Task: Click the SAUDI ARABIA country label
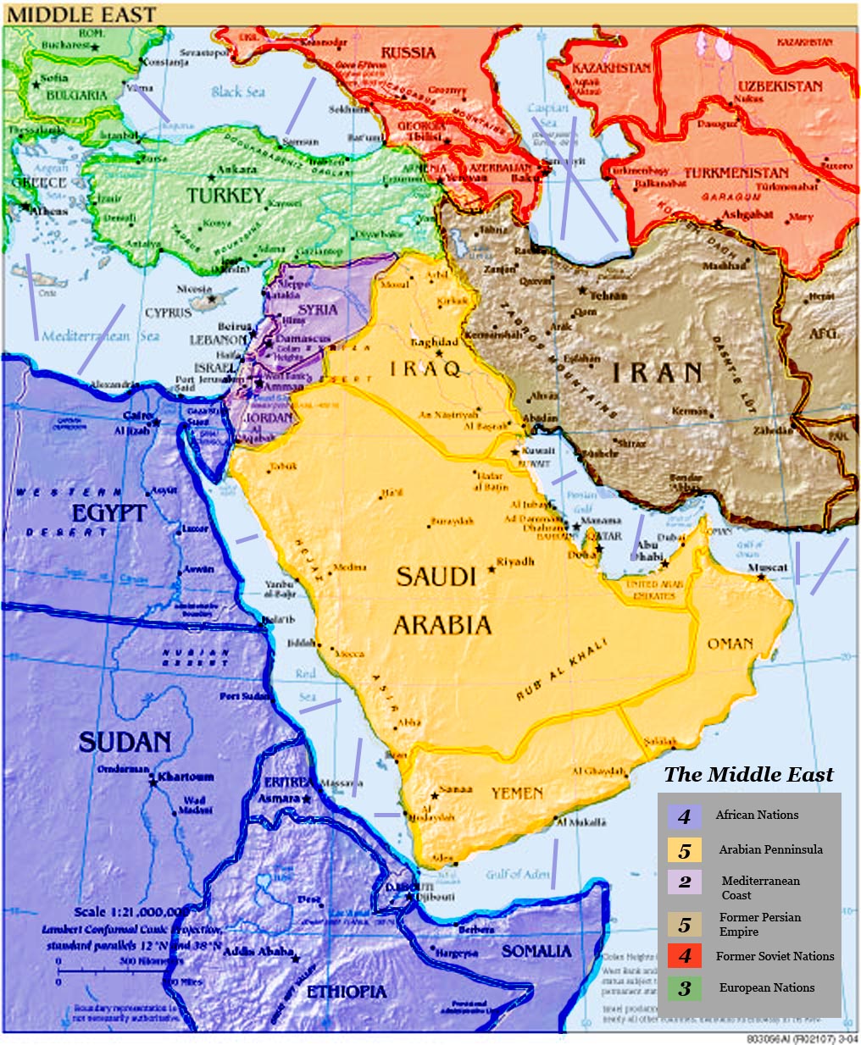coord(442,600)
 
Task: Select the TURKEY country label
coord(225,196)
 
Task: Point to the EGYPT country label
coord(108,513)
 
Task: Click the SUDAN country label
coord(125,743)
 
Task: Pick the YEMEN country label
coord(517,793)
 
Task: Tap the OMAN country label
coord(730,644)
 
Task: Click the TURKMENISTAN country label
coord(736,173)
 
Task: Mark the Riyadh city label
coord(515,561)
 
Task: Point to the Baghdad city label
coord(434,342)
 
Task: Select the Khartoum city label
coord(186,777)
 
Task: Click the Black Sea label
coord(238,91)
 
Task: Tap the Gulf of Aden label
coord(517,874)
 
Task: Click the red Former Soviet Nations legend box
coord(684,956)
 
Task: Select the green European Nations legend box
coord(684,987)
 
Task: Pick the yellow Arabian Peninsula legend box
coord(684,849)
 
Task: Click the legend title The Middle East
coord(748,774)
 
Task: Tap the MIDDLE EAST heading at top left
coord(82,14)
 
